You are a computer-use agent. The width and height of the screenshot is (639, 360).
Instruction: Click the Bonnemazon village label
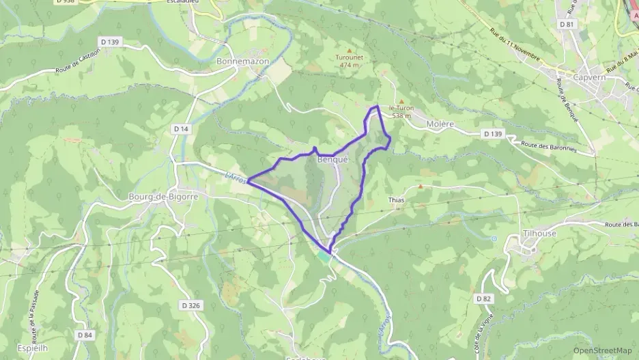click(x=242, y=61)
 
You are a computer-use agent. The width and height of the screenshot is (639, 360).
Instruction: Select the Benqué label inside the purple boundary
click(x=332, y=159)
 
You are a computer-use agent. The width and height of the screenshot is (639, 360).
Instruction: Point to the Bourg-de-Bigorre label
click(x=162, y=197)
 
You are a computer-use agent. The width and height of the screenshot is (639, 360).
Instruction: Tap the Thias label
click(x=396, y=200)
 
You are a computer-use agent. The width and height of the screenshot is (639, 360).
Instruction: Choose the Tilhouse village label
click(x=540, y=233)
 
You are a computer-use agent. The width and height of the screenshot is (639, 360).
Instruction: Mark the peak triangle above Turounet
click(x=350, y=50)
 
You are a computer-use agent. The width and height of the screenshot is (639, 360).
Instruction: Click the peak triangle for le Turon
click(x=401, y=101)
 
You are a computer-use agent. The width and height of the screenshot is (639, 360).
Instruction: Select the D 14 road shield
click(x=181, y=128)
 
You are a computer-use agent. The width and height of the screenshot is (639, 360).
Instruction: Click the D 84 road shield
click(x=85, y=335)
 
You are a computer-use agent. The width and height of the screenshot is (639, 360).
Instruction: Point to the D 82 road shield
click(x=484, y=299)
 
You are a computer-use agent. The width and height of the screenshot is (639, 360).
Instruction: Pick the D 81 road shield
click(x=566, y=24)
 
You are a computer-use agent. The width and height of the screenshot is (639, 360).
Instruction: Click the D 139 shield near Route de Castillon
click(x=109, y=42)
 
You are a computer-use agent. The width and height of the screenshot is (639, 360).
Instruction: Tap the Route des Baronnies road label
click(x=550, y=146)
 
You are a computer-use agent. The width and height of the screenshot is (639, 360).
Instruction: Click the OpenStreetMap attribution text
click(x=603, y=350)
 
